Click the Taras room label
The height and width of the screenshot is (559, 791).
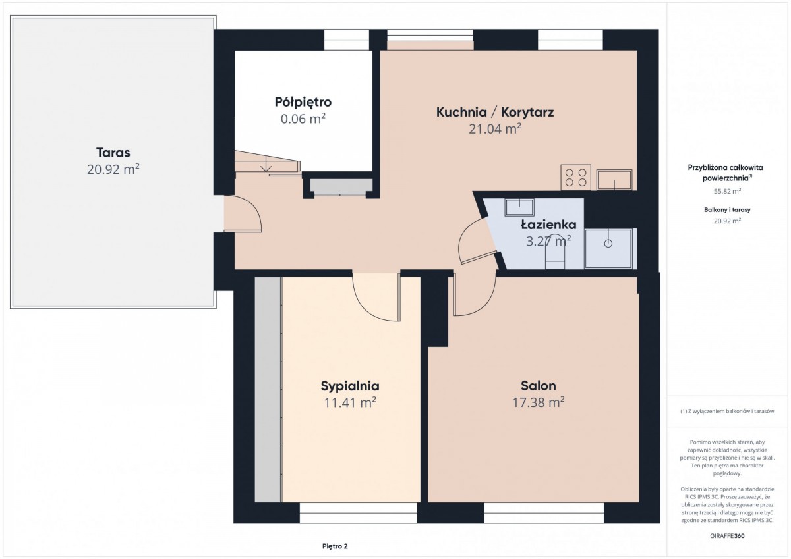pos(113,153)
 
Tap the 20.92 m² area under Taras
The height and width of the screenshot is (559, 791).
pos(113,169)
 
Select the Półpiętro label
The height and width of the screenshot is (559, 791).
pos(303,102)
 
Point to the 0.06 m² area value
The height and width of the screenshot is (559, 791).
pos(303,119)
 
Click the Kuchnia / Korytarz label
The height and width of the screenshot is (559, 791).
pos(495,112)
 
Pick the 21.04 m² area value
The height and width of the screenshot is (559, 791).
pos(495,129)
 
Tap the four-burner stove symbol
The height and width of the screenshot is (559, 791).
pos(575,177)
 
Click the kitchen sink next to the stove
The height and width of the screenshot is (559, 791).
pos(614,180)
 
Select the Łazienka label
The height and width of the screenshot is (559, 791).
pos(548,225)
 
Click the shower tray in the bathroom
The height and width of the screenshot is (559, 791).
pos(608,249)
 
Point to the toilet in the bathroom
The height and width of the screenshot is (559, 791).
pos(555,256)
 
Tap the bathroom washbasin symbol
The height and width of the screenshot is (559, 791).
pos(519,207)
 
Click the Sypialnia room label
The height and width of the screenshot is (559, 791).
pos(350,386)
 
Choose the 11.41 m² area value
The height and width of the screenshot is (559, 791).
pos(350,402)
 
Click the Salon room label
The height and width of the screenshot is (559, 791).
pos(538,386)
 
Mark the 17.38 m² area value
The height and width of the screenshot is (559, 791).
pos(538,402)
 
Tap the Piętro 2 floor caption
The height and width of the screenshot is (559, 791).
pos(335,546)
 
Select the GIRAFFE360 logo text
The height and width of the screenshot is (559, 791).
pos(728,536)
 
